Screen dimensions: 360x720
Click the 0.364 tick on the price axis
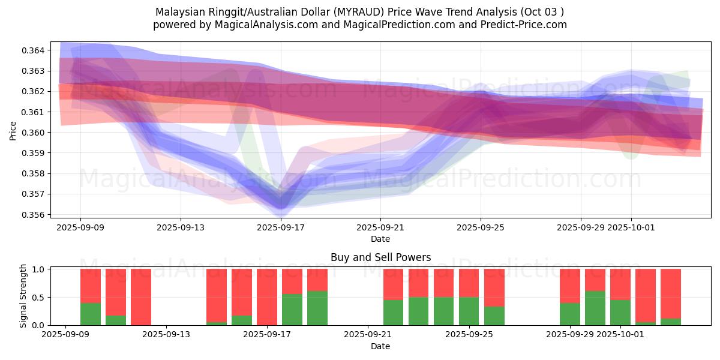pos(36,50)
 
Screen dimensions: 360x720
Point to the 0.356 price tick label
pos(36,215)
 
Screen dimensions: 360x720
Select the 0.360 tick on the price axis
pos(36,133)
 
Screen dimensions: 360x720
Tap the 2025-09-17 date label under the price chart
pos(280,228)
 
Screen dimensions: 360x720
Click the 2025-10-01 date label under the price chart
pos(631,228)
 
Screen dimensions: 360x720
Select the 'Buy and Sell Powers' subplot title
pos(380,257)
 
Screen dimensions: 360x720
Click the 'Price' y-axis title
pos(13,130)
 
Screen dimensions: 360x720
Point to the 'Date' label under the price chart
pos(380,239)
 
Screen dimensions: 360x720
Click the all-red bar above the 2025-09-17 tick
pos(267,297)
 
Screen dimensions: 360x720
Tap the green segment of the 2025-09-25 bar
pos(469,311)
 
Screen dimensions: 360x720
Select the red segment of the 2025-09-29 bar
pos(570,286)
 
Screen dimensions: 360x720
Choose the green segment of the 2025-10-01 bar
pos(620,313)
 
